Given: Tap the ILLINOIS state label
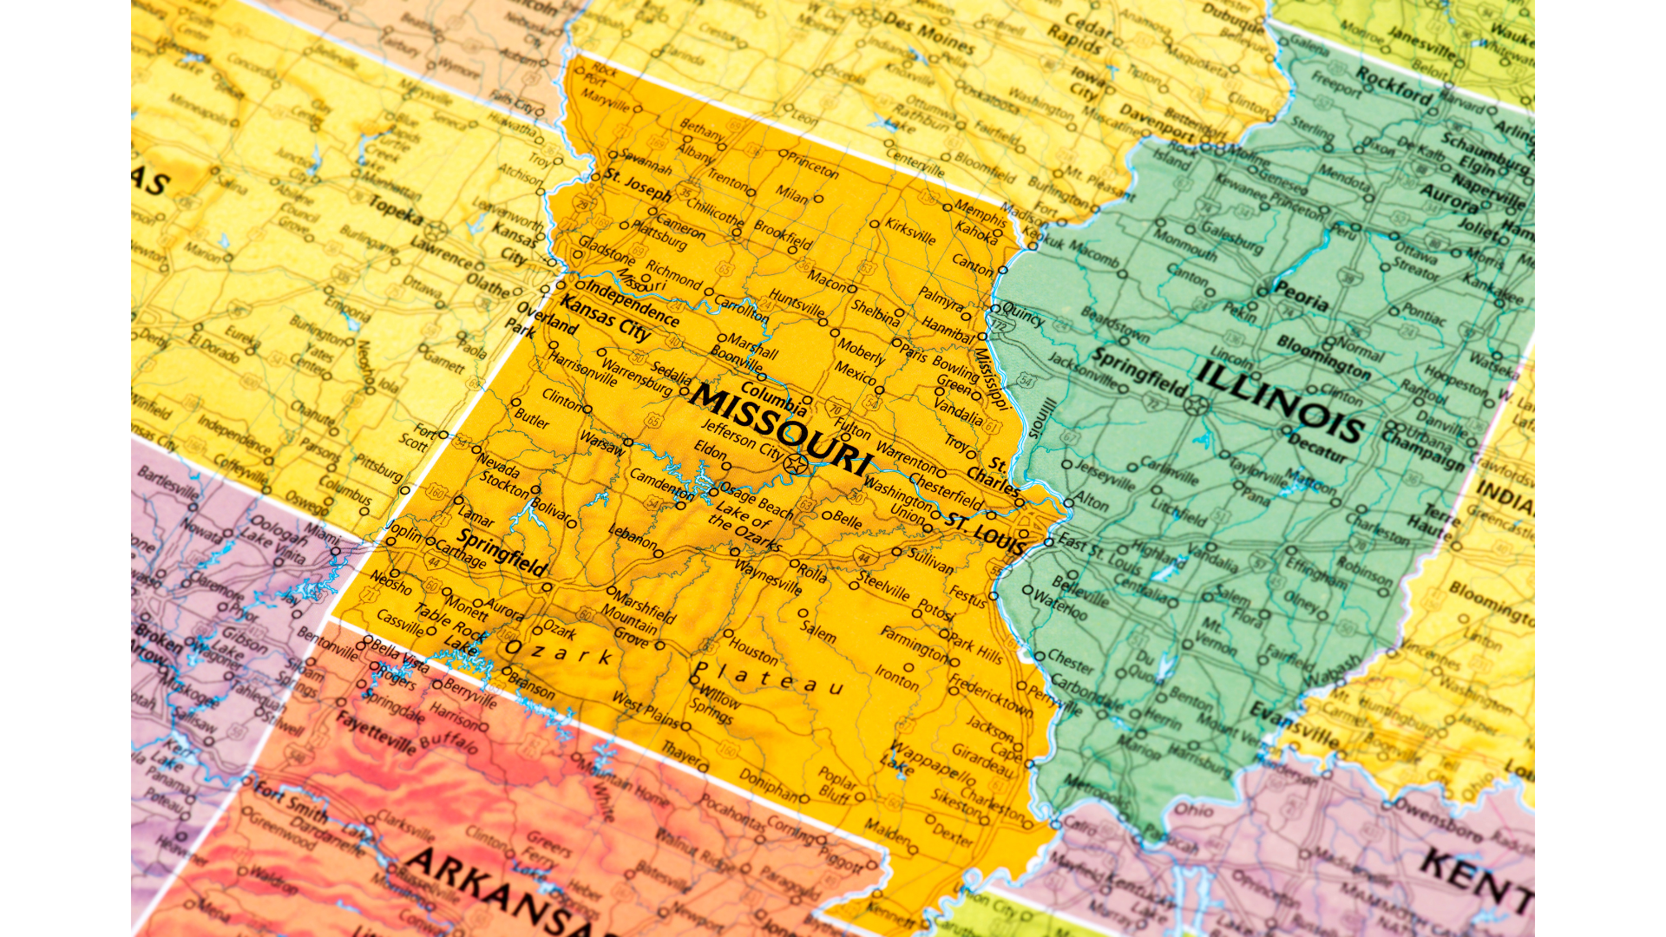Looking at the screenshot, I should pos(1280,401).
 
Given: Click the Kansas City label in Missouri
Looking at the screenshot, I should pos(605,318).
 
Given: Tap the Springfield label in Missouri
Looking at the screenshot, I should pos(502,553).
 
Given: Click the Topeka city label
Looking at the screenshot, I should pos(396,210).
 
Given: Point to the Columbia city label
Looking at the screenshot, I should pos(773,398).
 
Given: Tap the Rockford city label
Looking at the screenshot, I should pos(1394,86).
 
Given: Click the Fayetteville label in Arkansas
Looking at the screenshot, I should pos(376,733).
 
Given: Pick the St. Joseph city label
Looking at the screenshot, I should pos(638,184).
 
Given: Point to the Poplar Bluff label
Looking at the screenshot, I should pos(836,783).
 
